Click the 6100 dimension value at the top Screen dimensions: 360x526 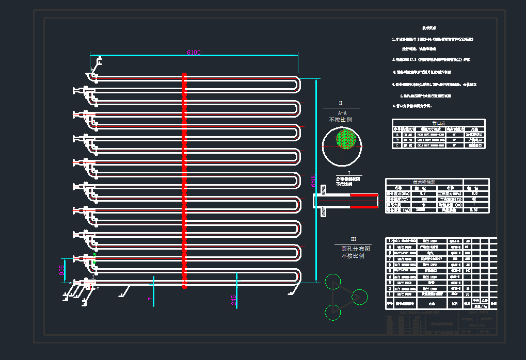click(194, 52)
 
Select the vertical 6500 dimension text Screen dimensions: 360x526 click(313, 179)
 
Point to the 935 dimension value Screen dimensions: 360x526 click(61, 271)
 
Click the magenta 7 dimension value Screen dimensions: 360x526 click(150, 299)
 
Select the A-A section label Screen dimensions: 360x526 click(342, 112)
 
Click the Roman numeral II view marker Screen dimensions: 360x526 click(341, 103)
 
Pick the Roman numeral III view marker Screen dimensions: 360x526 click(354, 239)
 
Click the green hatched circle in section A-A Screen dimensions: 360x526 click(347, 139)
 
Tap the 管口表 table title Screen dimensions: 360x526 click(438, 123)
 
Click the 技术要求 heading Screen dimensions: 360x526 click(430, 28)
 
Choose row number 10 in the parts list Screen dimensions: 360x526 click(390, 240)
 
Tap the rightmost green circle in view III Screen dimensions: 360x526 click(359, 297)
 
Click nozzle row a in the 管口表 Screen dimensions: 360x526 click(397, 134)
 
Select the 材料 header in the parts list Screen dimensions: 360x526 click(454, 304)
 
